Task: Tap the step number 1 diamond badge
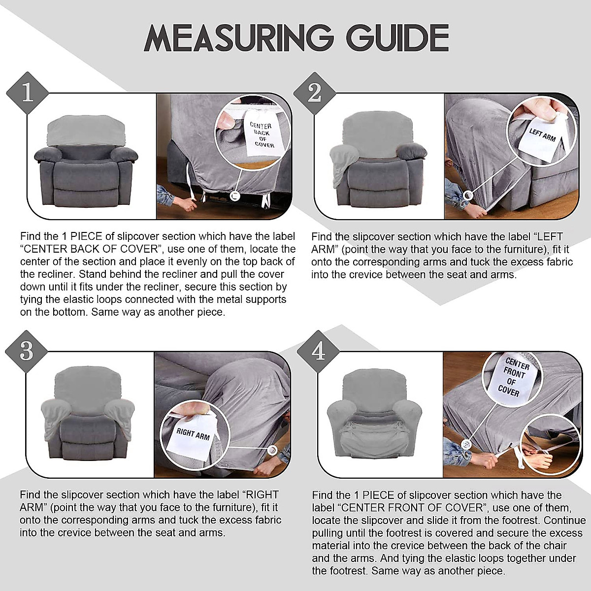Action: [x=27, y=92]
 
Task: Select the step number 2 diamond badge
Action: [x=314, y=92]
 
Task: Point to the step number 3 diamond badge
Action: [x=27, y=351]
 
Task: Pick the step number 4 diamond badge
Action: [x=318, y=351]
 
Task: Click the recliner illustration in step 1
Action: [x=86, y=160]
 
